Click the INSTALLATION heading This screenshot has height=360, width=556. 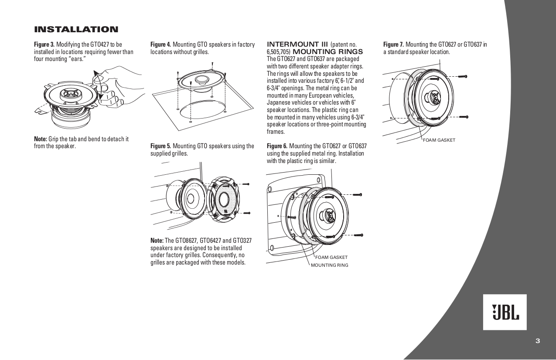(x=76, y=29)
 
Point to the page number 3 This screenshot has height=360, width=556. (x=538, y=341)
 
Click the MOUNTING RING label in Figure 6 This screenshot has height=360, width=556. (x=329, y=265)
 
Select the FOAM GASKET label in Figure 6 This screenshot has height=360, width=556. (x=331, y=257)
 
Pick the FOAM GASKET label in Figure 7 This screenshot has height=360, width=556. (x=439, y=140)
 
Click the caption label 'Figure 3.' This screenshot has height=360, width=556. (x=44, y=44)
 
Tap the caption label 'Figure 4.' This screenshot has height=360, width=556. (x=160, y=44)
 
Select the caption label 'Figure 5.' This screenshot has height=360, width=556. (x=160, y=146)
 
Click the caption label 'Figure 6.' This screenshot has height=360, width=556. (x=277, y=146)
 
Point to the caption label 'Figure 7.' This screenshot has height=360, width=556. (x=393, y=44)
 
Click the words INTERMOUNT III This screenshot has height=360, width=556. (x=297, y=44)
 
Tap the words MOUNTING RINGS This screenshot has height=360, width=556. (x=328, y=52)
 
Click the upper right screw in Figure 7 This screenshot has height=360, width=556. (x=463, y=76)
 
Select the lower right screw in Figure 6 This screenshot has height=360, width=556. (x=358, y=235)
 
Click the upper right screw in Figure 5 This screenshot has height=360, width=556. (x=246, y=184)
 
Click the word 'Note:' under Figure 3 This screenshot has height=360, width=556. (x=41, y=139)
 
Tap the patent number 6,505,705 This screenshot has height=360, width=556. (x=279, y=52)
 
